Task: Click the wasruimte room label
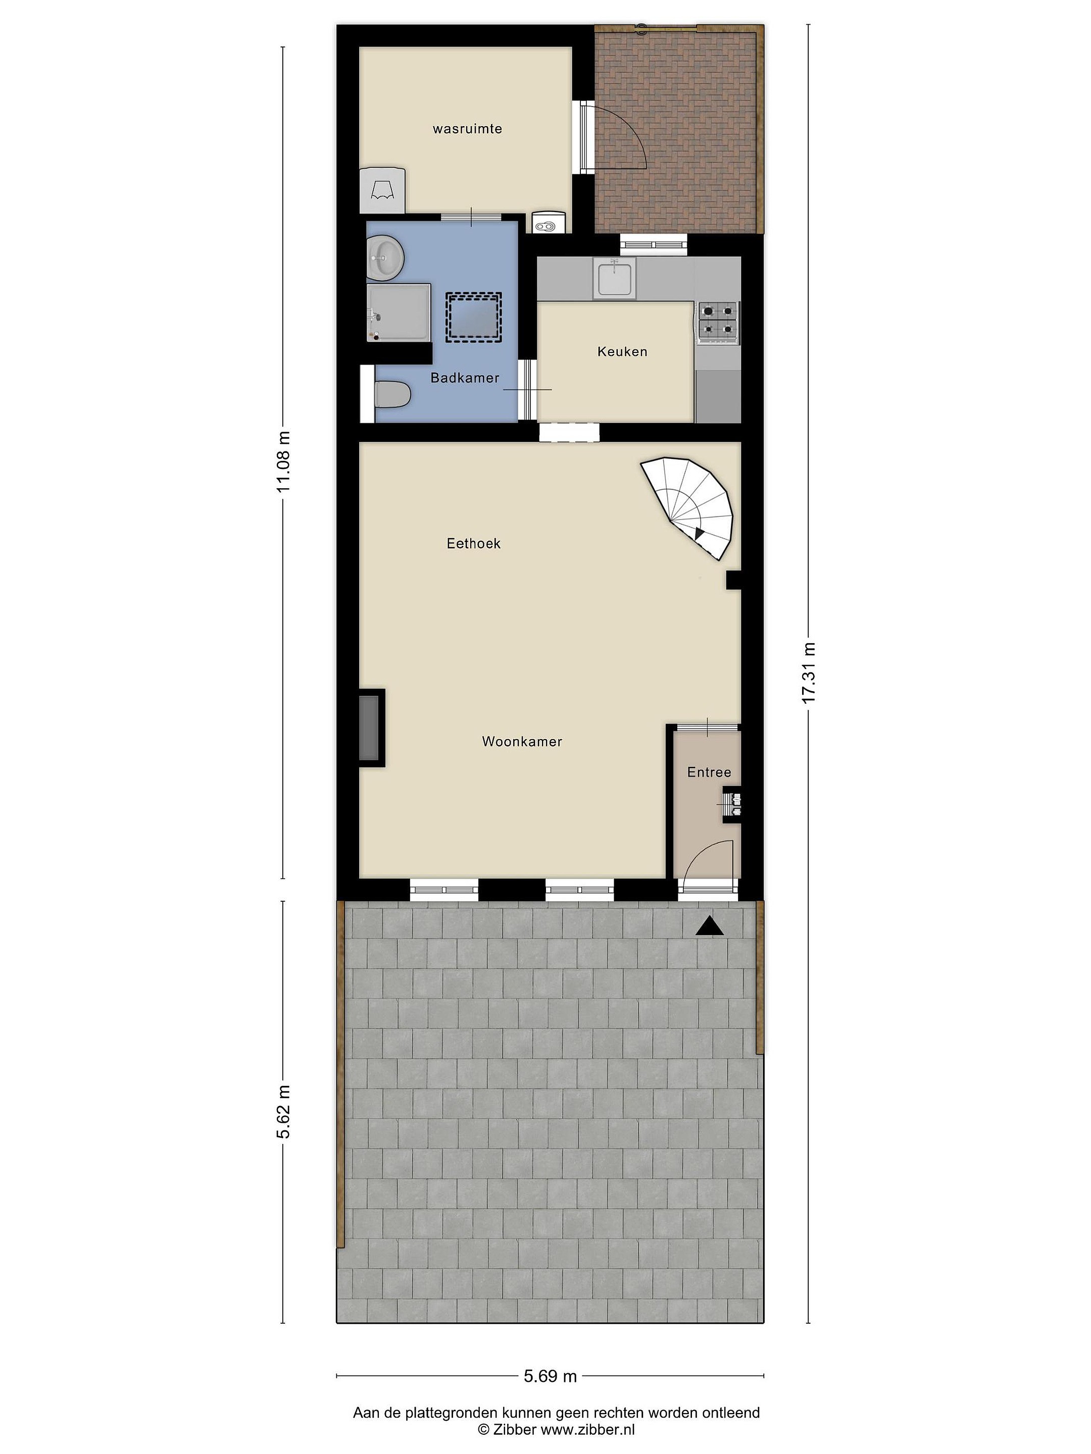pyautogui.click(x=467, y=129)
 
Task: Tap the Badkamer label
pyautogui.click(x=465, y=378)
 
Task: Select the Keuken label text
pyautogui.click(x=622, y=352)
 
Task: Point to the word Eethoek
pyautogui.click(x=473, y=544)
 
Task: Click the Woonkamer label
pyautogui.click(x=522, y=742)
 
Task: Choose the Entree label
pyautogui.click(x=709, y=772)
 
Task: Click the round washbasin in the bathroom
pyautogui.click(x=385, y=257)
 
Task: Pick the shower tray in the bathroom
pyautogui.click(x=399, y=313)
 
